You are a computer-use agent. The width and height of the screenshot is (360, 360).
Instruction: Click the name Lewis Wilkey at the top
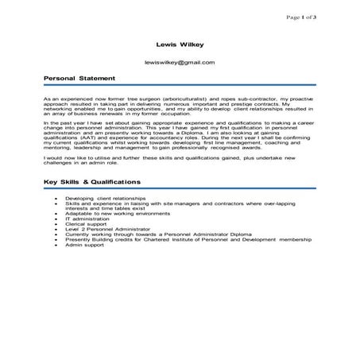180,45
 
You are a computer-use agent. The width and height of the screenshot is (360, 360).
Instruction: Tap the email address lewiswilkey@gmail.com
180,61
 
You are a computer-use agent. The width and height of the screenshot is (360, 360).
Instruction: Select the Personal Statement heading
79,79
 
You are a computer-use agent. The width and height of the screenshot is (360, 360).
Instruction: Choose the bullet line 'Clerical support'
83,224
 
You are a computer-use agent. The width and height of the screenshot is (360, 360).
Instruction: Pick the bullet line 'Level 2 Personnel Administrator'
99,230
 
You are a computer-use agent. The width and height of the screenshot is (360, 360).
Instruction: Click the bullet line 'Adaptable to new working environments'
108,214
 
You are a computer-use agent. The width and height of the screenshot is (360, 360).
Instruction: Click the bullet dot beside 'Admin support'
51,246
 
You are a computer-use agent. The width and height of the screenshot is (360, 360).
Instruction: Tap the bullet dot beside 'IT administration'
51,219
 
